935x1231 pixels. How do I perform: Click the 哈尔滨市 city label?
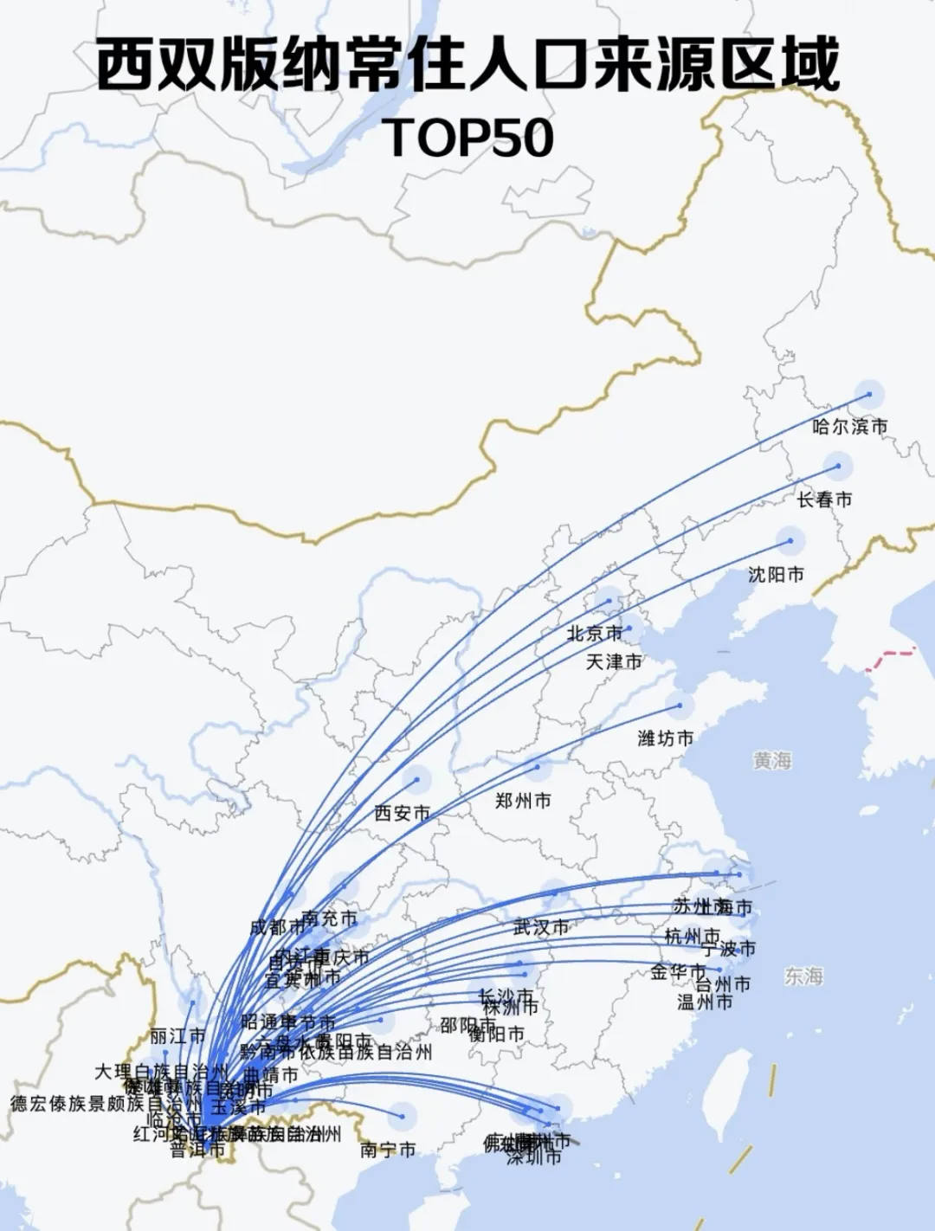tap(849, 427)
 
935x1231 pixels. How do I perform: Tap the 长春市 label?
tap(824, 499)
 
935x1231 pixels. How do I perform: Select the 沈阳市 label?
tap(776, 574)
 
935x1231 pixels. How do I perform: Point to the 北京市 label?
tap(594, 634)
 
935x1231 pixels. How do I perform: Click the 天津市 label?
tap(614, 662)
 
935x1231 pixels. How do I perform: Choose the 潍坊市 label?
tap(665, 738)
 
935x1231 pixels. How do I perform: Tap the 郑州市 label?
tap(523, 801)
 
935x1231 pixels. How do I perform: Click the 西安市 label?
tap(402, 813)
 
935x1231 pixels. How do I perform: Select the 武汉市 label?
tap(541, 927)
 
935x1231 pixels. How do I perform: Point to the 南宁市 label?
tap(388, 1150)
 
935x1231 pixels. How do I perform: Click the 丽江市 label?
tap(177, 1035)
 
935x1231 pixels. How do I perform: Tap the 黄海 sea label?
tap(772, 761)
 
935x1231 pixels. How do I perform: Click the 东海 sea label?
tap(803, 976)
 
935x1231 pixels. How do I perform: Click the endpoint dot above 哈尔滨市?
tap(870, 395)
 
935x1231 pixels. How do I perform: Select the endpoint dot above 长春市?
tap(838, 467)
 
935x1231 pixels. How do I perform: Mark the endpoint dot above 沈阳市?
tap(790, 541)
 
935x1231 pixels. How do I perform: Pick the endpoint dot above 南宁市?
tap(403, 1117)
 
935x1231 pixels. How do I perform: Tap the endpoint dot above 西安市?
tap(417, 780)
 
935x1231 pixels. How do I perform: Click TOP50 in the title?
tap(467, 137)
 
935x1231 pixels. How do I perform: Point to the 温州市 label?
tap(705, 1002)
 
